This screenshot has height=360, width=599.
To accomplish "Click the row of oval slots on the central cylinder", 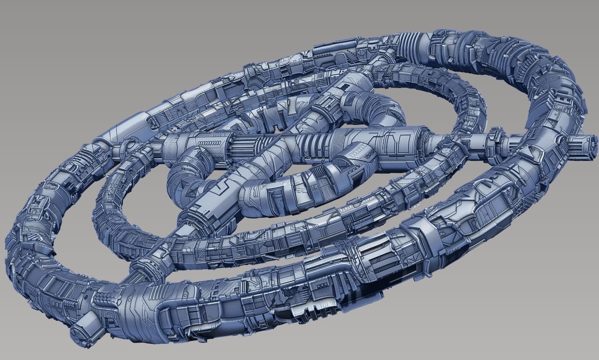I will pyautogui.click(x=210, y=142).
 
